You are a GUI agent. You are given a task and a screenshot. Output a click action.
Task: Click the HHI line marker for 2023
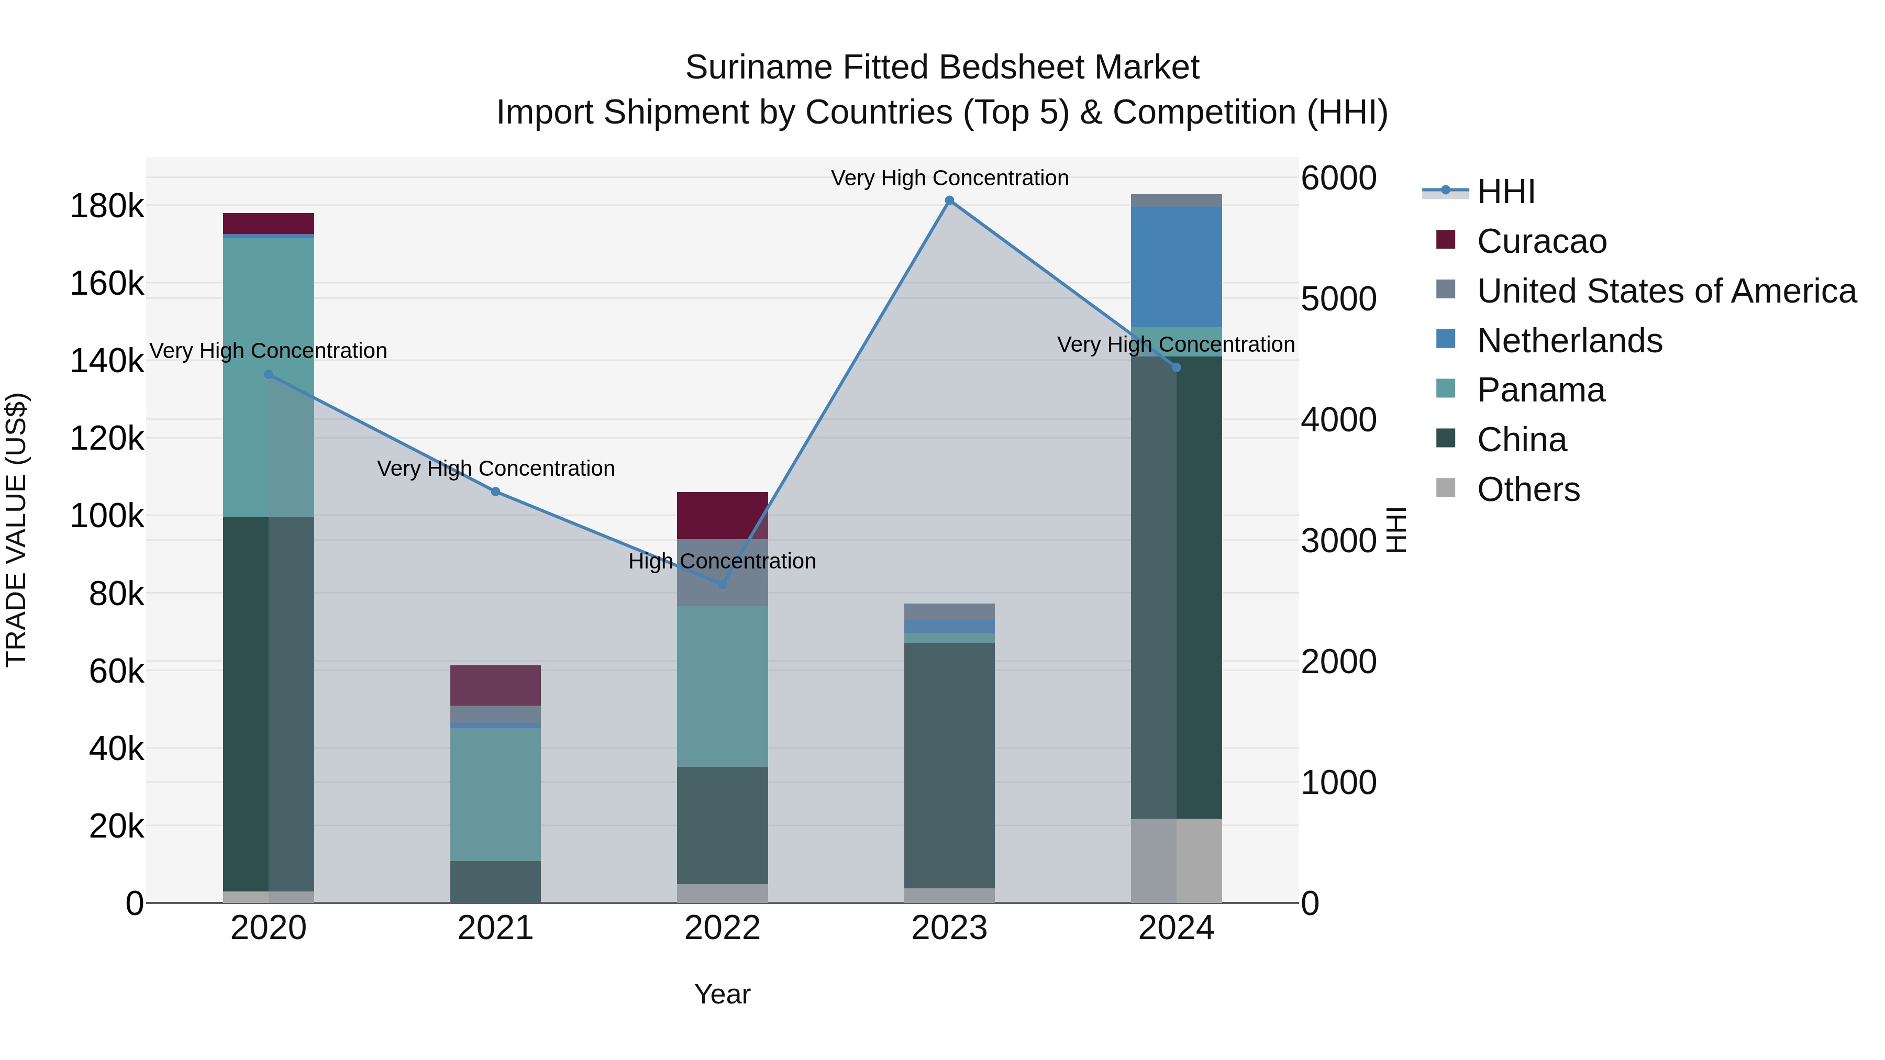coord(949,200)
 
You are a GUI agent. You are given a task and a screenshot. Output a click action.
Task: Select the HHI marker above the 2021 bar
coord(495,492)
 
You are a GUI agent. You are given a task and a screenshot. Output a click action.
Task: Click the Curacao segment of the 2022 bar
coord(722,515)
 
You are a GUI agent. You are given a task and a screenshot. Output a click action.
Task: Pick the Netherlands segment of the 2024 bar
coord(1176,266)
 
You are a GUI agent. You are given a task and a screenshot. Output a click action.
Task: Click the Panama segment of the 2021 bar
coord(495,794)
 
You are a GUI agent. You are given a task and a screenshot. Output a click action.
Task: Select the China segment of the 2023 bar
coord(949,764)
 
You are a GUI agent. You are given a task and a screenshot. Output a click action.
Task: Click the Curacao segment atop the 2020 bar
coord(269,223)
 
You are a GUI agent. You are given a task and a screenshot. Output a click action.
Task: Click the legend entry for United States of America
coord(1666,291)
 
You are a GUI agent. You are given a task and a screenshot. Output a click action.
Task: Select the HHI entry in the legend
coord(1505,192)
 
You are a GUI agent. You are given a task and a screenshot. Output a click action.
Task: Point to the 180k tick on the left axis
coord(107,206)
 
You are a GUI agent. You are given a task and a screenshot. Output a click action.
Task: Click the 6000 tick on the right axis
coord(1338,178)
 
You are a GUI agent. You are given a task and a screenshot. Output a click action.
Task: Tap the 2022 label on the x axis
coord(722,928)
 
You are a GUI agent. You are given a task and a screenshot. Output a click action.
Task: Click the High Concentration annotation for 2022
coord(722,561)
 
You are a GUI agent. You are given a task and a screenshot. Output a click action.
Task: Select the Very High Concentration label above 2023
coord(949,178)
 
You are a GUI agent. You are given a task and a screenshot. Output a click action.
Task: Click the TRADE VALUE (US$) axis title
coord(16,530)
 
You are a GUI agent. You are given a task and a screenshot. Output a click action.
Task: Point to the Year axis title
coord(722,994)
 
